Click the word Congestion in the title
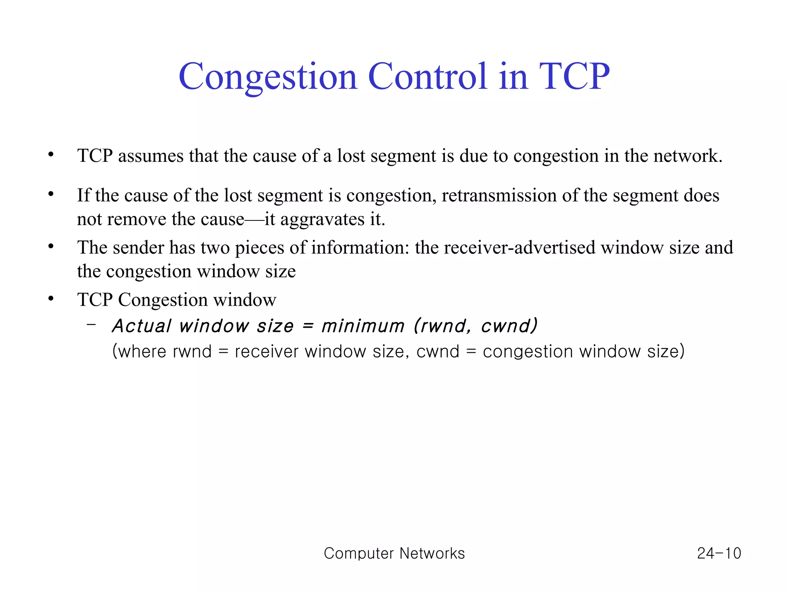(268, 77)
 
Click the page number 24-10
(719, 553)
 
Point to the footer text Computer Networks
(394, 553)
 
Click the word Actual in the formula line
(141, 326)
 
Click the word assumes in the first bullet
(151, 156)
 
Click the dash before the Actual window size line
(91, 325)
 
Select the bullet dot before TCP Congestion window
(51, 299)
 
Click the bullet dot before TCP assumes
(51, 155)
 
